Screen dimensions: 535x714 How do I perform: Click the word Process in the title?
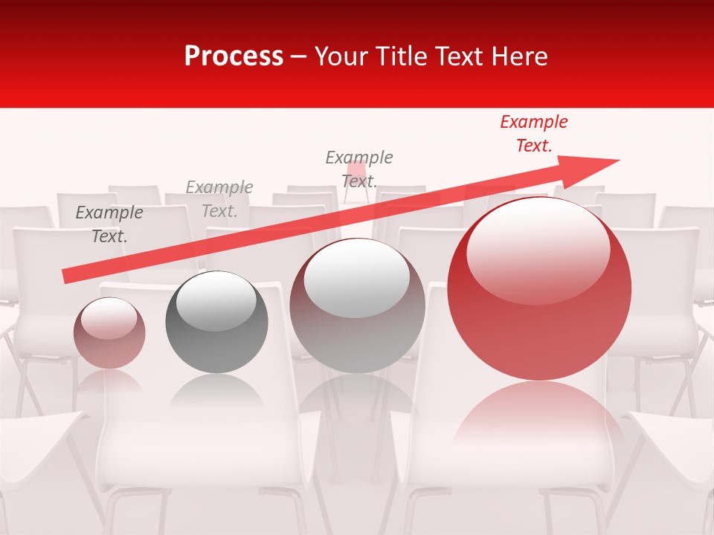(234, 56)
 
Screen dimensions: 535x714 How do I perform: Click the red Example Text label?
(533, 134)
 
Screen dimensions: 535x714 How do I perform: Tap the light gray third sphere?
(357, 305)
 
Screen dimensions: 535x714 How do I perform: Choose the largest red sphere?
(539, 290)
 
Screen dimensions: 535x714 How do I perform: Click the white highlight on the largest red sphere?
(538, 249)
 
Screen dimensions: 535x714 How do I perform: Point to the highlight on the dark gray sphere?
(216, 300)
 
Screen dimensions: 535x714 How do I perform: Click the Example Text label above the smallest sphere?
(109, 224)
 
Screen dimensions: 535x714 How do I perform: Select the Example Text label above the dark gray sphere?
(219, 199)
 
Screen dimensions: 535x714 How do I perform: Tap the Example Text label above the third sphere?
(359, 169)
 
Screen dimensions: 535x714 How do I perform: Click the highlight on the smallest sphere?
(109, 318)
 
